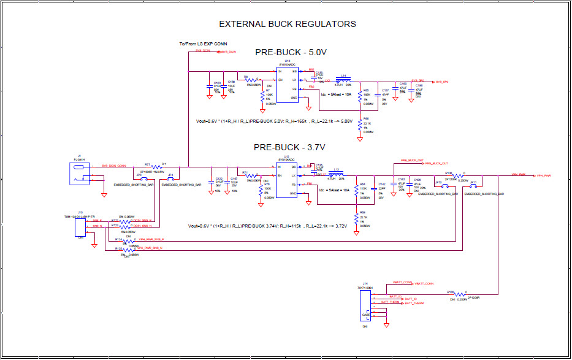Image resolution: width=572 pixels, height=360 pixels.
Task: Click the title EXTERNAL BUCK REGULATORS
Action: click(288, 24)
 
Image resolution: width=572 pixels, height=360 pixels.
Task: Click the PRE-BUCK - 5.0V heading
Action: click(291, 53)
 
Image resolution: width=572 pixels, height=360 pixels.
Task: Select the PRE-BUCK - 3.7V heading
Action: click(289, 147)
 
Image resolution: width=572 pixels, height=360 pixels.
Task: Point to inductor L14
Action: click(345, 80)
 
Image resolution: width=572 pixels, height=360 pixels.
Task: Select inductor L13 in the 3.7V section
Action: click(336, 175)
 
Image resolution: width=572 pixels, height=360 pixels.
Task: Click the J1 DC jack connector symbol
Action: click(80, 174)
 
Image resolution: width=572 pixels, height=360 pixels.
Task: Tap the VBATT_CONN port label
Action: click(424, 284)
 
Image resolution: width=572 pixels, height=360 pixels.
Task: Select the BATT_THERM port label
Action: click(414, 303)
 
